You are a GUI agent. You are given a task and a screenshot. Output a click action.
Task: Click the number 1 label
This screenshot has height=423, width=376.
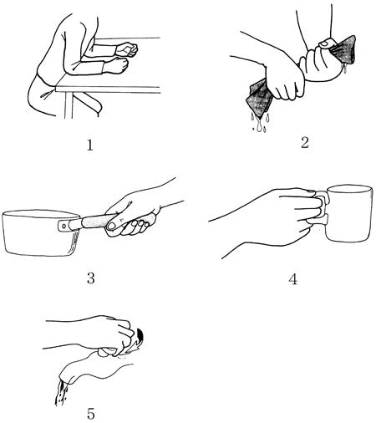tap(89, 145)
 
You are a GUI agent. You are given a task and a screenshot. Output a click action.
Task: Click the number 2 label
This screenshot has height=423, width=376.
tap(305, 143)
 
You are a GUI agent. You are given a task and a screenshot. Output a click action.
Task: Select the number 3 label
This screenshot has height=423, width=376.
tap(91, 278)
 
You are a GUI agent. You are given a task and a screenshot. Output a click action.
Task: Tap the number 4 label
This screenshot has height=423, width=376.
tap(292, 279)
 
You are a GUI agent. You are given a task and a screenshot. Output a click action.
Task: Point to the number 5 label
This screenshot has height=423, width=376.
tap(91, 414)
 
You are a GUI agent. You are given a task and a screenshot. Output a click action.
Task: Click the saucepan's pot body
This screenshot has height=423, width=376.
tap(40, 233)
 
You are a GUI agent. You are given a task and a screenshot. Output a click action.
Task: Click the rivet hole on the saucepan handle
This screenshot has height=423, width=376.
tap(64, 226)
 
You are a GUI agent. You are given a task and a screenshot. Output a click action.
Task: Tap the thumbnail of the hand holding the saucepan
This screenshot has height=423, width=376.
tap(111, 226)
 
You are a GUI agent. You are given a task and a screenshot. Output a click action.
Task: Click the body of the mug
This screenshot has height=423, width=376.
tap(349, 213)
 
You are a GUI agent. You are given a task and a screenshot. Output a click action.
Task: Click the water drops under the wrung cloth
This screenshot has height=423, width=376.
tap(260, 122)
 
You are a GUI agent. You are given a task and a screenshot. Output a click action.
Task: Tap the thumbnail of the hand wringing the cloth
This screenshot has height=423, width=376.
tap(324, 43)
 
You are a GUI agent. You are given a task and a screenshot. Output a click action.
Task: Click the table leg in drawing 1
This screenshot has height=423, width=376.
tap(69, 105)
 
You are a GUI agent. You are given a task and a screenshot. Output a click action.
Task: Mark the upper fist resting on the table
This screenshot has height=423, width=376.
tap(127, 49)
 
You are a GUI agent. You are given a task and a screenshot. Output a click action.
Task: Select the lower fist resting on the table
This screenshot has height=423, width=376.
tap(116, 65)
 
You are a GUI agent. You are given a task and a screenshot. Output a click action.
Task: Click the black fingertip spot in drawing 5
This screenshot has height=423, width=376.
tap(140, 334)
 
